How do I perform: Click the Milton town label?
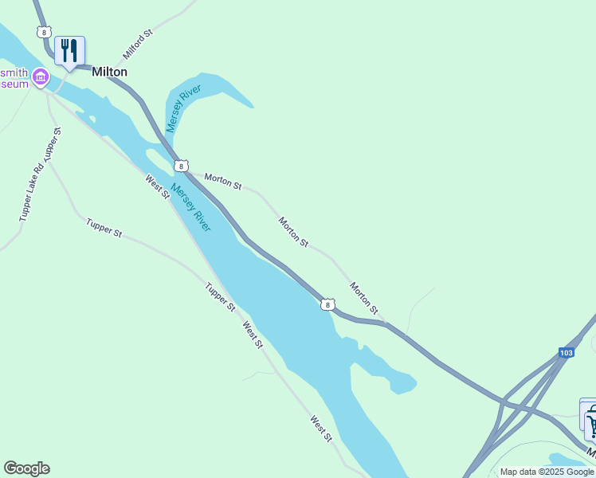(109, 72)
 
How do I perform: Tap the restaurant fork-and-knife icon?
(69, 51)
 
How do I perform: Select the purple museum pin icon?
(40, 77)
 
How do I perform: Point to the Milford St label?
(137, 46)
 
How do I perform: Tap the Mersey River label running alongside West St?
(191, 208)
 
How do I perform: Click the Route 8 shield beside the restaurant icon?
(43, 31)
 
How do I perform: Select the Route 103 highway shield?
(566, 352)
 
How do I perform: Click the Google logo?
(26, 468)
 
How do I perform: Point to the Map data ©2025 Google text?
(547, 472)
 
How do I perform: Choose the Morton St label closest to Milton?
(223, 181)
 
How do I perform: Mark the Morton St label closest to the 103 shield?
(363, 297)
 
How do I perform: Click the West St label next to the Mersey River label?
(157, 187)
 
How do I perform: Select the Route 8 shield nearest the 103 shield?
(327, 304)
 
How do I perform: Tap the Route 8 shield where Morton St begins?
(182, 166)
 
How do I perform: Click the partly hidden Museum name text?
(14, 77)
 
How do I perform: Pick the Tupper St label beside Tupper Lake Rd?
(53, 143)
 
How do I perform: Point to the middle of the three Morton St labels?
(293, 230)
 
